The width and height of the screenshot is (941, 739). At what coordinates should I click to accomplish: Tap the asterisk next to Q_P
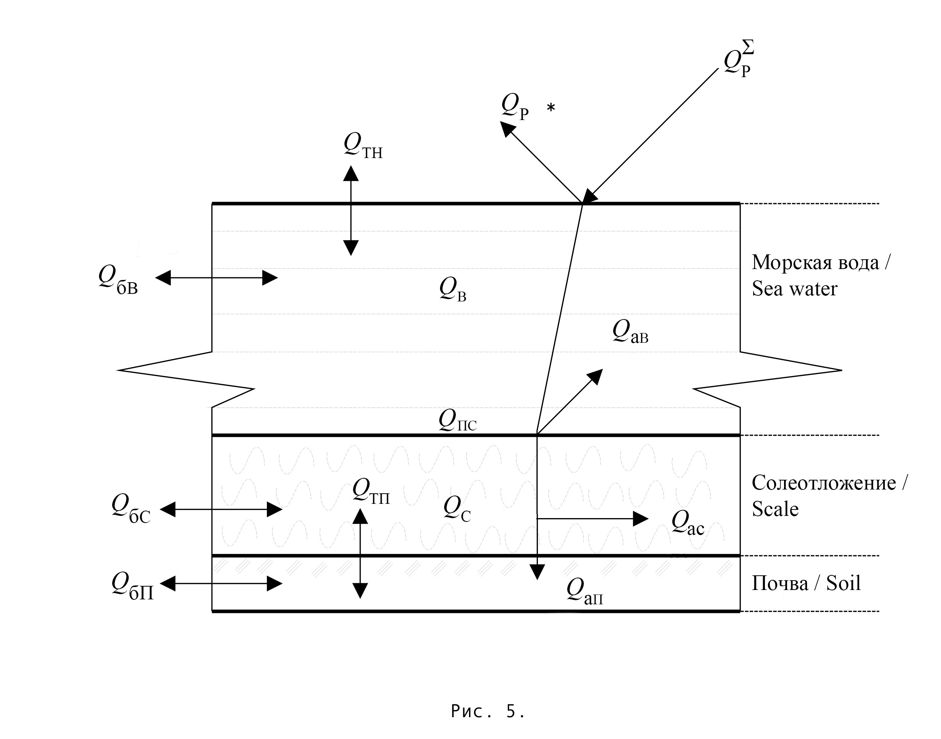(551, 108)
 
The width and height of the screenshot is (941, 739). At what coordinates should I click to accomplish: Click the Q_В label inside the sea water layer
(453, 289)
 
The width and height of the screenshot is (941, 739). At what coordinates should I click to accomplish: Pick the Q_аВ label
(630, 332)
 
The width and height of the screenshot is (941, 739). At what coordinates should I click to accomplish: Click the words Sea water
(794, 289)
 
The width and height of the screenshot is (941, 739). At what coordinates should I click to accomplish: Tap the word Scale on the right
(775, 509)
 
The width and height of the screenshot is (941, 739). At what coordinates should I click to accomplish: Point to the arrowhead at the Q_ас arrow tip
(641, 519)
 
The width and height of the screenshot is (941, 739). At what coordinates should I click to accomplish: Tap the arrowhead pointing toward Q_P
(507, 129)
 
